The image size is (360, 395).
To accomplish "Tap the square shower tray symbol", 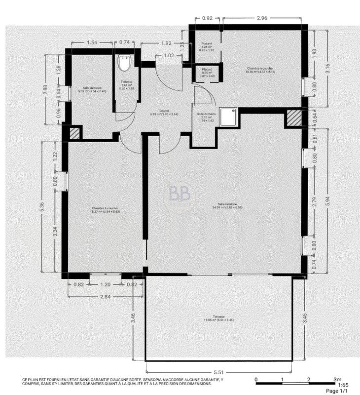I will (228, 117).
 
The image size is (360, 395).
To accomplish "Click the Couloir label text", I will (164, 112).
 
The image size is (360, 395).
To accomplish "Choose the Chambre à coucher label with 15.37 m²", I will (104, 210).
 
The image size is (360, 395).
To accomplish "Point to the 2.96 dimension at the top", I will (262, 19).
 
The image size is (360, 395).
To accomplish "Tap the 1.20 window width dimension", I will (105, 285).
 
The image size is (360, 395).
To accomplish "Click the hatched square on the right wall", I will (294, 118).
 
